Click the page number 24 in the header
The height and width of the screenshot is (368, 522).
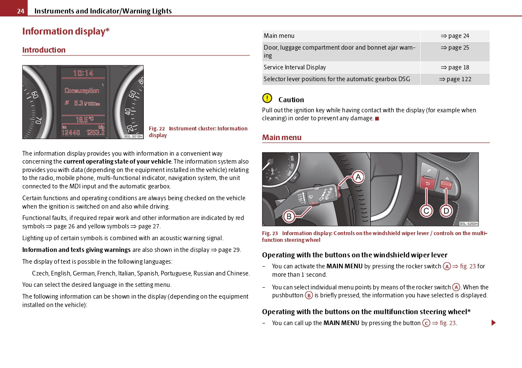click(21, 11)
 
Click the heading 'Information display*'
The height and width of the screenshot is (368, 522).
click(66, 32)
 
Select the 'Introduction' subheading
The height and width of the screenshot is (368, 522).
click(44, 50)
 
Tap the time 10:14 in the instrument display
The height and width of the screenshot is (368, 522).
click(83, 73)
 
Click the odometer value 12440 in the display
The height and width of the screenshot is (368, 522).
click(71, 132)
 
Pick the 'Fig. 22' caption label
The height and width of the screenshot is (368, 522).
click(156, 129)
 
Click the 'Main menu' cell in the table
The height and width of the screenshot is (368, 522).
click(279, 36)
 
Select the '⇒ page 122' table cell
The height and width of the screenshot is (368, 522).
click(455, 79)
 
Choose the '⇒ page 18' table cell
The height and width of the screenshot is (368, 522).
click(455, 67)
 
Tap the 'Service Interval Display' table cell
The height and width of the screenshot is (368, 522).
click(294, 67)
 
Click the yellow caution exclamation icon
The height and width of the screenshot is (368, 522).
click(267, 98)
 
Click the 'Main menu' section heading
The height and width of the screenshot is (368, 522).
click(282, 138)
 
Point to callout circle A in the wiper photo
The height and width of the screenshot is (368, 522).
click(358, 177)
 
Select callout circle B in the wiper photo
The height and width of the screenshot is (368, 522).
click(289, 217)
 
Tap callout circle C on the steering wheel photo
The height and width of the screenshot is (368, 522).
click(426, 211)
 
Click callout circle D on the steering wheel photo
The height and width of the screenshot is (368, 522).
click(446, 211)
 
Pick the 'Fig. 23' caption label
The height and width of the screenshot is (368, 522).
click(270, 233)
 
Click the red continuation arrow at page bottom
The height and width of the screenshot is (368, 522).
click(493, 323)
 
